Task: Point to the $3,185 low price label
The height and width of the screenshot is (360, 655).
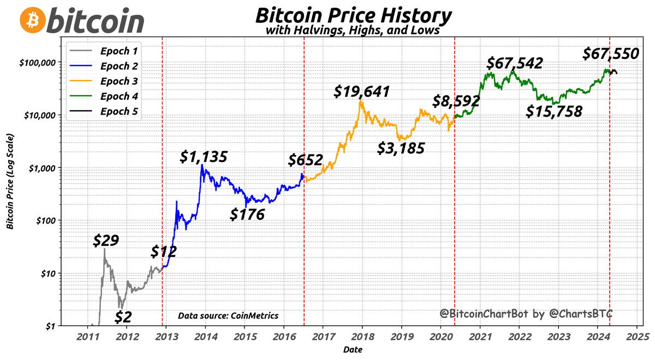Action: click(x=401, y=148)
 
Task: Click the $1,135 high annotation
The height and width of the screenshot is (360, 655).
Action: click(x=204, y=157)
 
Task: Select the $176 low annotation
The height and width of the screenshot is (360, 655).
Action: click(x=247, y=214)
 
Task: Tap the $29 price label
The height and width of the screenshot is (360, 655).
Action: click(x=105, y=240)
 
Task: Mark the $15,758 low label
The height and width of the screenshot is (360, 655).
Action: click(x=554, y=111)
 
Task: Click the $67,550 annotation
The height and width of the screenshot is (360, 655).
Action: click(x=610, y=53)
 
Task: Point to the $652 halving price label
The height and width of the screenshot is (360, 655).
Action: click(x=306, y=160)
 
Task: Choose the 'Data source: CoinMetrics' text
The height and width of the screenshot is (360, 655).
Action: click(x=228, y=315)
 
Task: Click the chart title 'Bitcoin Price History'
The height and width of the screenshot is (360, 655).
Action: click(x=353, y=15)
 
